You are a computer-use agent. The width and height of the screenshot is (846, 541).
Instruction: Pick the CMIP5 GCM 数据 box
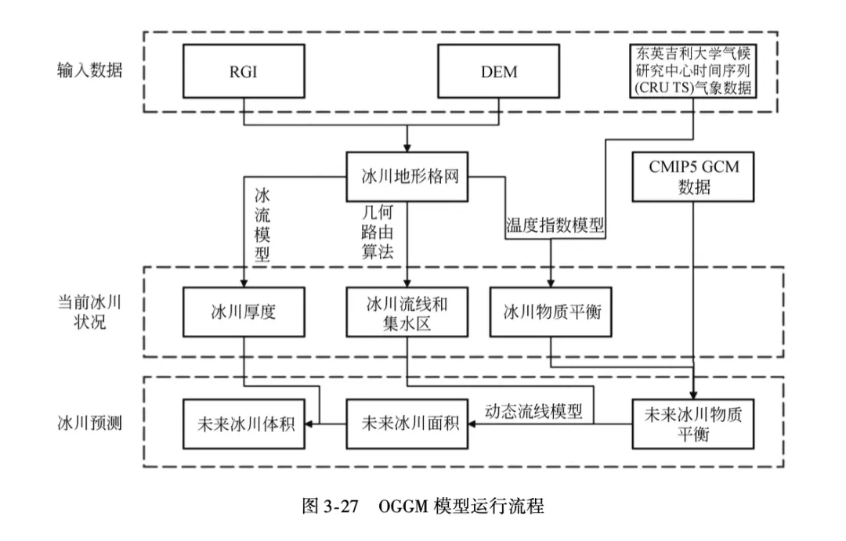click(694, 176)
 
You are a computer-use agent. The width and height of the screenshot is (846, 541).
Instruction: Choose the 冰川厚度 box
click(243, 312)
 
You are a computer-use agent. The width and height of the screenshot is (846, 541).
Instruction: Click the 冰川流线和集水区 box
click(407, 312)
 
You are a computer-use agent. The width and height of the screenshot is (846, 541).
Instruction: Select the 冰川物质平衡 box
click(551, 312)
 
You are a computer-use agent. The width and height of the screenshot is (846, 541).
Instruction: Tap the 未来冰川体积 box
click(243, 424)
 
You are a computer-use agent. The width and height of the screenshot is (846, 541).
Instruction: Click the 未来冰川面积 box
click(407, 424)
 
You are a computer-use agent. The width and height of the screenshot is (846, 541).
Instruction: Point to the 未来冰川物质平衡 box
click(694, 424)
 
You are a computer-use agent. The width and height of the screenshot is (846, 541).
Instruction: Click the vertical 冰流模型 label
click(262, 223)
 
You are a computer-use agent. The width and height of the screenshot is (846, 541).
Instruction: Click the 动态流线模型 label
click(534, 410)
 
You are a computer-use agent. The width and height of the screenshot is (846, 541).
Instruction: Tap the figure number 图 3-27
click(330, 506)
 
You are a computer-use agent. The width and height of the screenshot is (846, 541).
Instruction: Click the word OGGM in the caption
click(403, 506)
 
